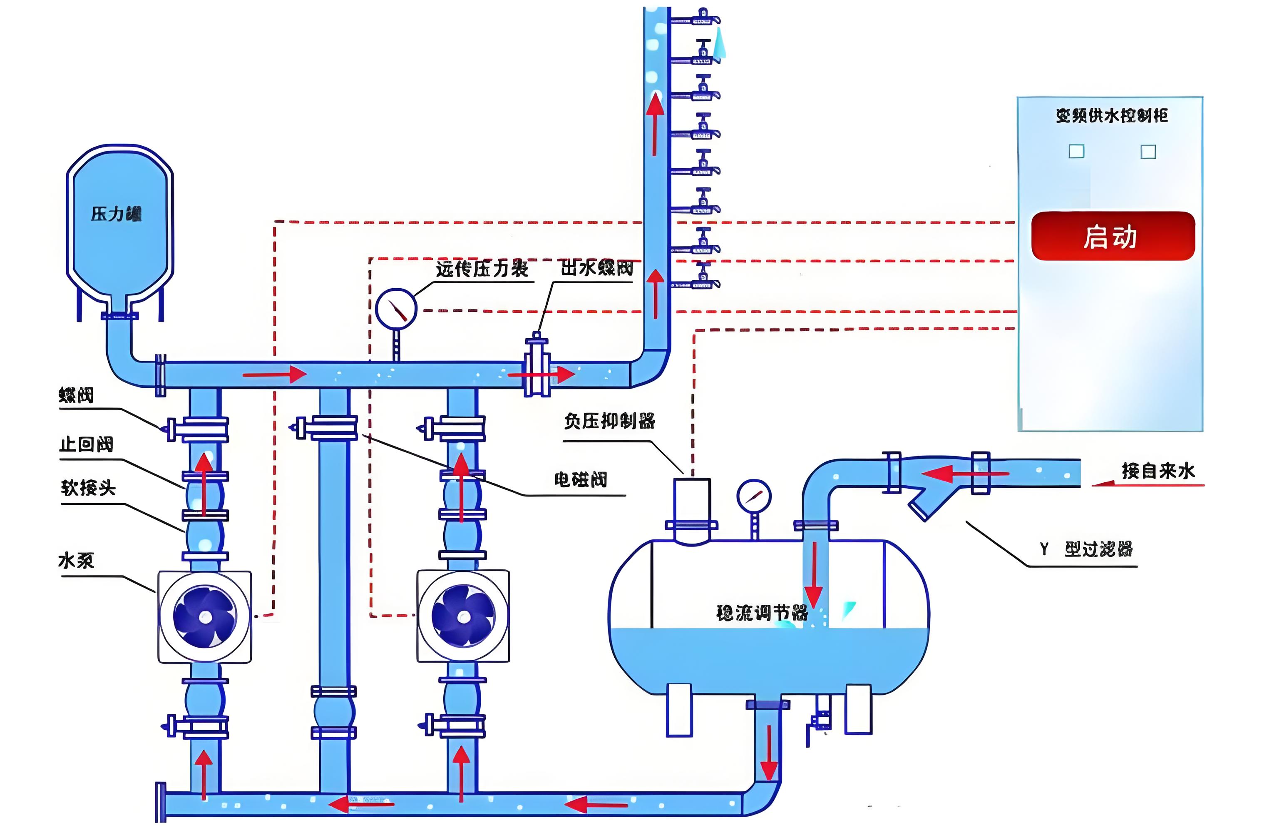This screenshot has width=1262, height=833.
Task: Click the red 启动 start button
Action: point(1112,237)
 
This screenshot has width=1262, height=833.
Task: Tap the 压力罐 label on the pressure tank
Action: point(116,214)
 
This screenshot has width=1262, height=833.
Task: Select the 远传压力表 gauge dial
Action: point(396,309)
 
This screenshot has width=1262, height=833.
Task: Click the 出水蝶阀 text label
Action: point(597,268)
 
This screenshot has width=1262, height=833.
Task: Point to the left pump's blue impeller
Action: point(205,616)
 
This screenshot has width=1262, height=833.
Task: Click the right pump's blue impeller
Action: point(463,616)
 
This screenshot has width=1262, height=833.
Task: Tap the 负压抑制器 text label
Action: point(609,421)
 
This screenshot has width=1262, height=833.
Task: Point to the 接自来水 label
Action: point(1158,471)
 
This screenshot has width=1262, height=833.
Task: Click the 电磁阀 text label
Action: point(580,480)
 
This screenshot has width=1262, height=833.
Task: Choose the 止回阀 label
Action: point(86,444)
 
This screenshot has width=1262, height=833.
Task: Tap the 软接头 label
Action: point(88,488)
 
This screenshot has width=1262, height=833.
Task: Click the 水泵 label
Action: point(76,561)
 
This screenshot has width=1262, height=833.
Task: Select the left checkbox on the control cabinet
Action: point(1076,152)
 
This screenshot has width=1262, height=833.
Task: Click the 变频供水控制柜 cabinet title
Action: point(1111,116)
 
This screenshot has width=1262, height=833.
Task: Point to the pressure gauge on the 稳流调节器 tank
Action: point(753,496)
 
